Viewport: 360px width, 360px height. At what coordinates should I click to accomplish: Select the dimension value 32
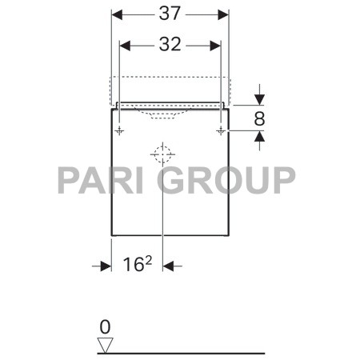(170, 46)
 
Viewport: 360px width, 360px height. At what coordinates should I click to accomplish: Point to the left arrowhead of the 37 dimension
(116, 14)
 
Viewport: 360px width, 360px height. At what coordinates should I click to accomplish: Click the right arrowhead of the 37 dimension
(224, 14)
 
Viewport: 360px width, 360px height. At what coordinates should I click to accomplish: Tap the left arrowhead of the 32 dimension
(125, 46)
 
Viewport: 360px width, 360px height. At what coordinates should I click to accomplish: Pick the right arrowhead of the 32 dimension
(214, 46)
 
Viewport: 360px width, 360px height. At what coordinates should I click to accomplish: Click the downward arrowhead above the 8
(259, 99)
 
